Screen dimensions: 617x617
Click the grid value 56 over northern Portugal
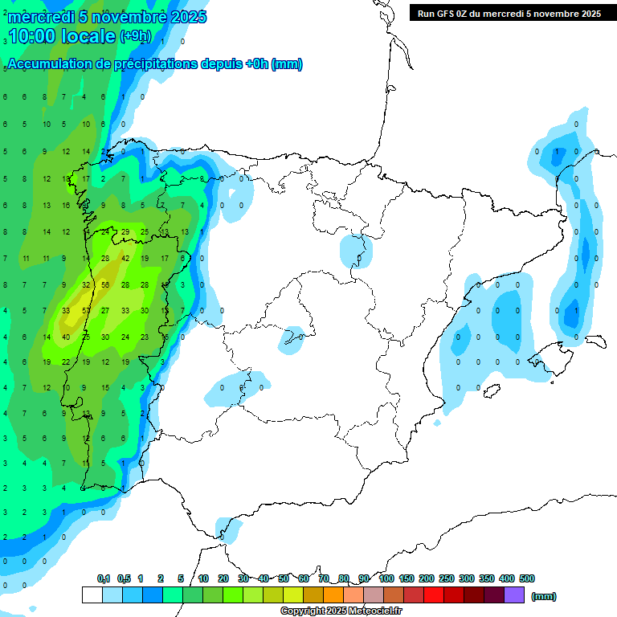(105, 284)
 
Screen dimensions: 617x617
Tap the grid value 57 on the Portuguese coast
(86, 310)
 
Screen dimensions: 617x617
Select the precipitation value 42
(125, 258)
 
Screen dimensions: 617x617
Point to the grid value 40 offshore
(66, 337)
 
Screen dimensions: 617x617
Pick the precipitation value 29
(125, 231)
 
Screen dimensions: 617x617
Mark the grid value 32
(86, 284)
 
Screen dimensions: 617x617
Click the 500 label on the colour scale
(527, 578)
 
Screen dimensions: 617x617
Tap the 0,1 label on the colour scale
(103, 578)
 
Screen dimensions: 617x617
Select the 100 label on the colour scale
(386, 578)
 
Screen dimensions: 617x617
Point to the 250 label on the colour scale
(447, 578)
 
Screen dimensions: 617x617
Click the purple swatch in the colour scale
(514, 595)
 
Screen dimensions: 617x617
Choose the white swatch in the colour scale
(92, 595)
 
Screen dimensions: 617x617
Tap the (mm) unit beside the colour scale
(543, 596)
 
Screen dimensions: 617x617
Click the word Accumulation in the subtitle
(47, 64)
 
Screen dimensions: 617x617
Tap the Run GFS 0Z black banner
(509, 13)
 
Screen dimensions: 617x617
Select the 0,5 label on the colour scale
(124, 578)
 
